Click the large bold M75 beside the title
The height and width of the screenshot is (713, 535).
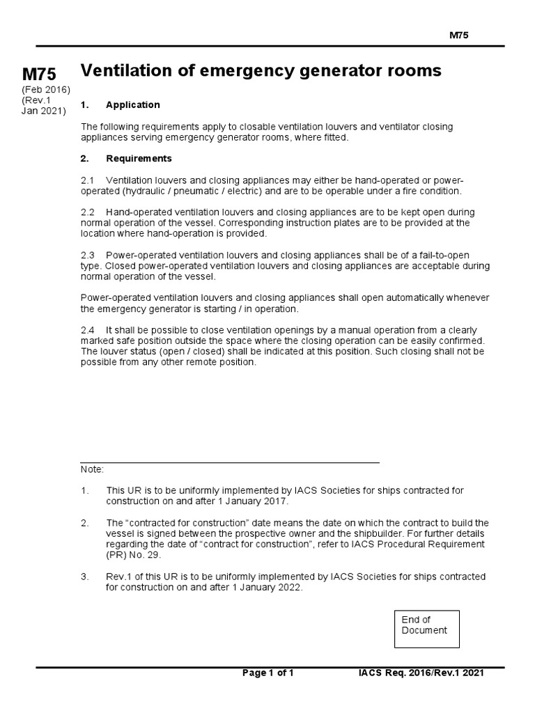pos(39,75)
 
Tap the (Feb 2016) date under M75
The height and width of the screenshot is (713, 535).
pos(46,90)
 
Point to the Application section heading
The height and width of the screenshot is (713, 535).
pos(132,105)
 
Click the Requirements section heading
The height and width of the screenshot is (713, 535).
pos(139,159)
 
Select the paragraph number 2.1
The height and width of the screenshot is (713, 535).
pos(88,180)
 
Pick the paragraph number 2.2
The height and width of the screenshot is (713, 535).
pos(88,212)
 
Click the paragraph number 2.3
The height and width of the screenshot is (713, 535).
pos(88,256)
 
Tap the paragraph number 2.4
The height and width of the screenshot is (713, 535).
pos(88,330)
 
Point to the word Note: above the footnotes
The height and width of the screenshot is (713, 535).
pos(92,470)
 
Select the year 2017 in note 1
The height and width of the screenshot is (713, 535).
pos(273,501)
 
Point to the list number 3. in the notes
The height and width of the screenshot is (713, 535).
pos(85,577)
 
